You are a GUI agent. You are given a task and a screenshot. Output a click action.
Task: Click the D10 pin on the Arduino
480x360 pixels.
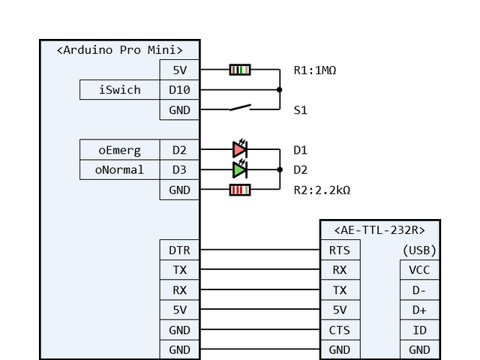(179, 90)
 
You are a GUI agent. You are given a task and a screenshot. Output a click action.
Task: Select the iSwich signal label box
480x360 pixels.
(119, 90)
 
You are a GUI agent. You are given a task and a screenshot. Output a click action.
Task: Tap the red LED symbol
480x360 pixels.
(240, 150)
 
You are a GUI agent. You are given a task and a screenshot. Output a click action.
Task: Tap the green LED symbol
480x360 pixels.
(240, 170)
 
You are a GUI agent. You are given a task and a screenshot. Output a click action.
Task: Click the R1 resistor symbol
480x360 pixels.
(240, 70)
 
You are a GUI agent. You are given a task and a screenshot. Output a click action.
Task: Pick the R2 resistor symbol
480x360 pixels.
(240, 190)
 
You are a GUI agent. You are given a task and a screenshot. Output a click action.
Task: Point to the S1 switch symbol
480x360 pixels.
(240, 109)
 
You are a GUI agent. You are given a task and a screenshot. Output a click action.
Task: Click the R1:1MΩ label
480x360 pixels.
(315, 70)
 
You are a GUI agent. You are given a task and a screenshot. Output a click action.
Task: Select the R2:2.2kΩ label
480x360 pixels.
(322, 190)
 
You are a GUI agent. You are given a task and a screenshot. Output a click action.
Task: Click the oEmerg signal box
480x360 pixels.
(119, 150)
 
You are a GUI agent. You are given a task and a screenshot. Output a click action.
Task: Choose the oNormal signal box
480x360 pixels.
(119, 170)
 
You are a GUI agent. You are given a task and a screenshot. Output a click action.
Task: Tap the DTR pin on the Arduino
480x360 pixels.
(179, 250)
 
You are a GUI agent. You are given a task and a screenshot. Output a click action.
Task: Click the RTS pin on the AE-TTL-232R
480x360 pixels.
(340, 250)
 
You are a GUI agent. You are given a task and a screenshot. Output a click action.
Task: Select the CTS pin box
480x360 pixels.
(340, 330)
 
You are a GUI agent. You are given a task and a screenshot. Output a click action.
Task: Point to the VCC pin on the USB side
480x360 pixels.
(419, 270)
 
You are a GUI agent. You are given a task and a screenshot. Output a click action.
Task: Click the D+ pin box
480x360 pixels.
(419, 310)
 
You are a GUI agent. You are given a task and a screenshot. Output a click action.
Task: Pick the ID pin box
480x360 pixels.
(419, 330)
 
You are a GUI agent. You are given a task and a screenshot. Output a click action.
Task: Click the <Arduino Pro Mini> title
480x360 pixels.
(120, 50)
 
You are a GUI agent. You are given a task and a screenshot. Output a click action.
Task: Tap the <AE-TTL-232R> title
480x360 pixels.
(379, 230)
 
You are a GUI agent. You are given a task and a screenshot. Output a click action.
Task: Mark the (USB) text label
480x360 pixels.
(419, 250)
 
